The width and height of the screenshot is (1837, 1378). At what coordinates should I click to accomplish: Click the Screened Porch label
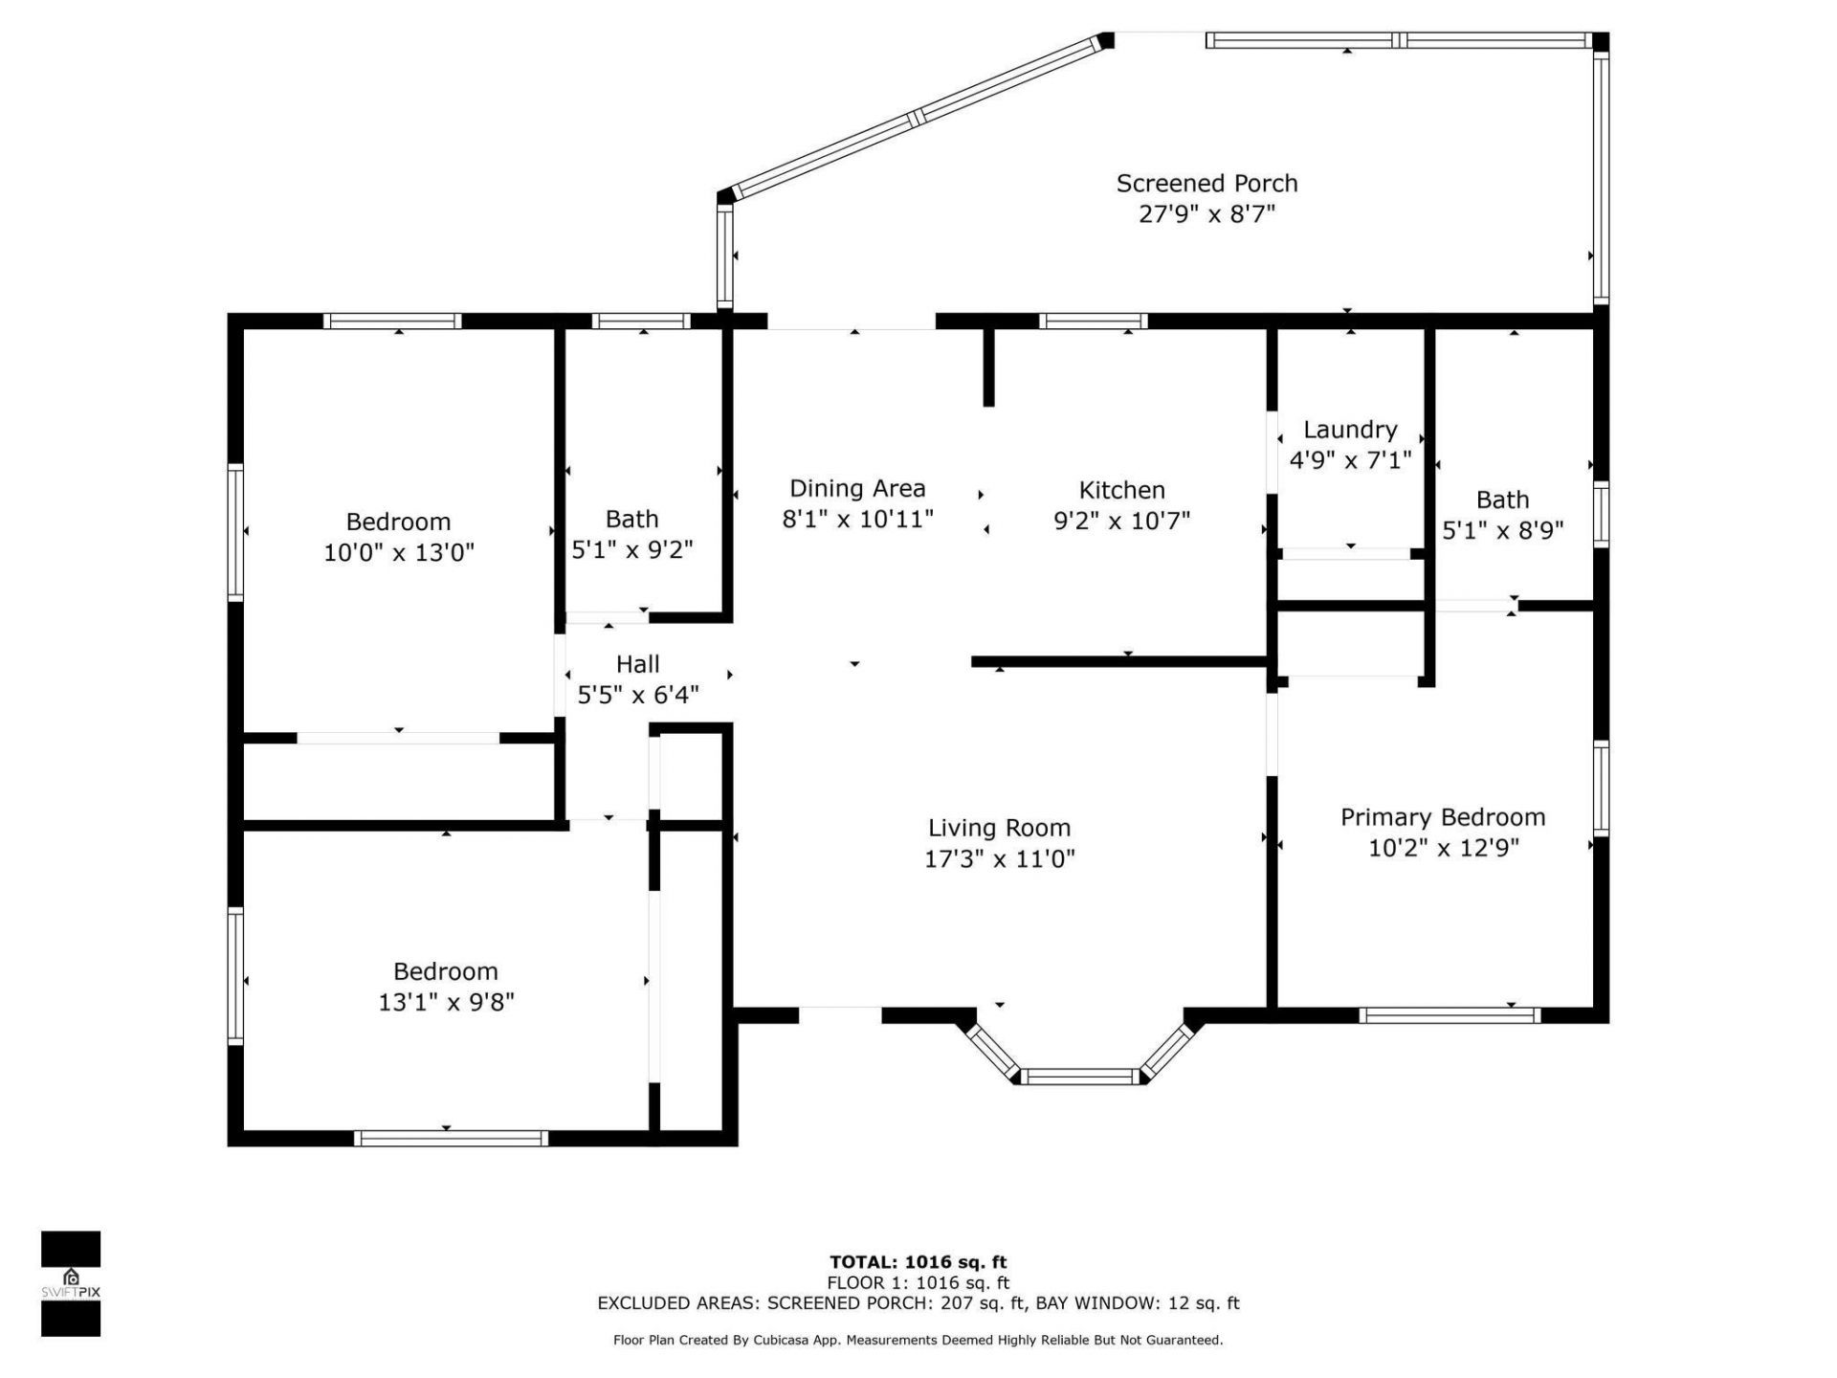tap(1206, 183)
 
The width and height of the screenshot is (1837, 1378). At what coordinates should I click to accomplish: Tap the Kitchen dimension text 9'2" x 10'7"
tap(1121, 521)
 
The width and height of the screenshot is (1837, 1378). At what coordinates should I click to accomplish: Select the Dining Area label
tap(857, 488)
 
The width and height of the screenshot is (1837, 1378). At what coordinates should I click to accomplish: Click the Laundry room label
tap(1350, 430)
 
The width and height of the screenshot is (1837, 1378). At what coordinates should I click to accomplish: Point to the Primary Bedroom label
tap(1442, 817)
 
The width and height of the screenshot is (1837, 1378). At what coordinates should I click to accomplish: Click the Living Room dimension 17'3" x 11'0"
tap(999, 858)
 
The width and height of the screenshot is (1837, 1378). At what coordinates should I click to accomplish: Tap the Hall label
tap(637, 664)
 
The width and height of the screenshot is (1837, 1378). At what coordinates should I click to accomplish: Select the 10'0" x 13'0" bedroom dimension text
tap(399, 552)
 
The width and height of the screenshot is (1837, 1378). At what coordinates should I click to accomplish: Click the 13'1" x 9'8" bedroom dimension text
tap(446, 1002)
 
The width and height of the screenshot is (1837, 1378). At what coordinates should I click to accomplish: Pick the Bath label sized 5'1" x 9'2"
tap(631, 519)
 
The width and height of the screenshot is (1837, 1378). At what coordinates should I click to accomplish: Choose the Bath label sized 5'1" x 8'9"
tap(1502, 500)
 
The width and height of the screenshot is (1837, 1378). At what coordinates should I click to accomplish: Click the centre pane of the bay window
tap(1080, 1077)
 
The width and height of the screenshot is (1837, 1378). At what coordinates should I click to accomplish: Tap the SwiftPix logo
tap(71, 1283)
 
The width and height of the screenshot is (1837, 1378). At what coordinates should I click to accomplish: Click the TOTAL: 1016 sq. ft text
tap(918, 1262)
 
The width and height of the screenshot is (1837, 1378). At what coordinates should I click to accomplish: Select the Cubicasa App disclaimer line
tap(918, 1341)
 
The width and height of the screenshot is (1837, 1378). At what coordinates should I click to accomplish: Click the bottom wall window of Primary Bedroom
tap(1449, 1015)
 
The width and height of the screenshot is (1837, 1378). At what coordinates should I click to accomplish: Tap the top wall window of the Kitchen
tap(1093, 322)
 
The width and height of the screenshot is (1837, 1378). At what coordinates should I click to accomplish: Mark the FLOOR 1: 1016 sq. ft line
tap(918, 1283)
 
